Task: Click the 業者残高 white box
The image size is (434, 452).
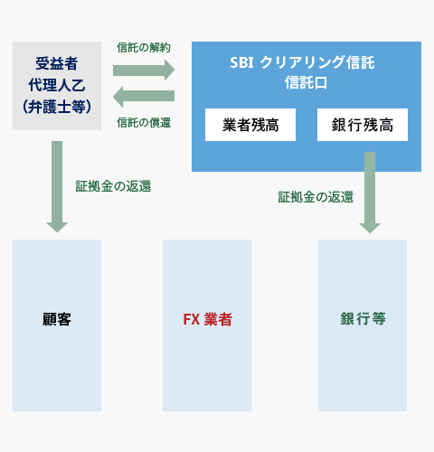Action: click(x=250, y=125)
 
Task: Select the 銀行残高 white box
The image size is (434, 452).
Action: click(x=363, y=125)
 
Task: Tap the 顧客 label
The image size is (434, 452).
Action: click(x=57, y=319)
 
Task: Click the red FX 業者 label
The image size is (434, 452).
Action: click(x=208, y=319)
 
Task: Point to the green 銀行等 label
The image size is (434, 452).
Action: click(x=363, y=318)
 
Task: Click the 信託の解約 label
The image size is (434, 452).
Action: click(x=144, y=48)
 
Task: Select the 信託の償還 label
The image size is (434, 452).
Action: click(x=144, y=123)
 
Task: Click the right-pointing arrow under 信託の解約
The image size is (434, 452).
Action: click(x=144, y=70)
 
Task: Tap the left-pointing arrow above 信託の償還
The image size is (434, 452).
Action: click(x=144, y=97)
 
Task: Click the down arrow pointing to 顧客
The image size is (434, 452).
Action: click(x=57, y=186)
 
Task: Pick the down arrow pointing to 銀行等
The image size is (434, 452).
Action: click(x=370, y=193)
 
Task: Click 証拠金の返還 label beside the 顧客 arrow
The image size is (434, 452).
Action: click(x=113, y=186)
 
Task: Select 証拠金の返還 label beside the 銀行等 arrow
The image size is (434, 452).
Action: click(x=316, y=197)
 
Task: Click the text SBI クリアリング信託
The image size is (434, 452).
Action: click(x=302, y=62)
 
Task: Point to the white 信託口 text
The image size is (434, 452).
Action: click(x=306, y=82)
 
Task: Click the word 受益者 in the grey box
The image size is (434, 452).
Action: click(x=57, y=63)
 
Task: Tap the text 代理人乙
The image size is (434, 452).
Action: click(x=57, y=85)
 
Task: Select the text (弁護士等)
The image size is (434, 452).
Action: click(x=57, y=107)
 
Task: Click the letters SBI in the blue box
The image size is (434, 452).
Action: click(x=241, y=62)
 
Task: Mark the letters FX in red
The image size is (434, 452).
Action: click(x=192, y=319)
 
